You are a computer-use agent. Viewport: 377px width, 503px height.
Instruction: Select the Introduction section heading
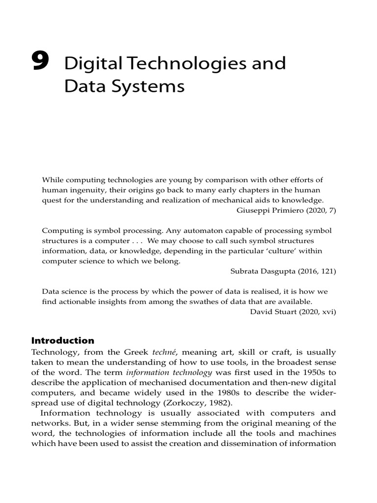click(x=63, y=340)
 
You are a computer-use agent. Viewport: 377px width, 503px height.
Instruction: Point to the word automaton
click(x=204, y=230)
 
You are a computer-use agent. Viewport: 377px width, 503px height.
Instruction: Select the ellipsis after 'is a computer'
click(x=137, y=241)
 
